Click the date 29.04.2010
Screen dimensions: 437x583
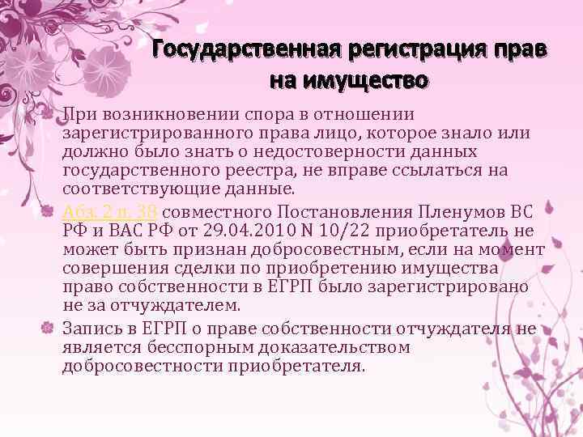pos(251,231)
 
